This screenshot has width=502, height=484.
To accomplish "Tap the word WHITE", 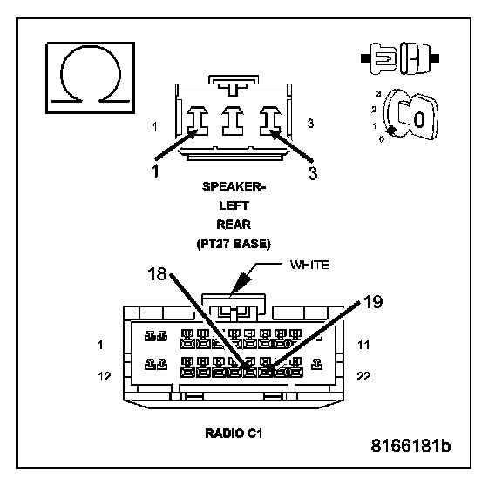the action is pos(309,265).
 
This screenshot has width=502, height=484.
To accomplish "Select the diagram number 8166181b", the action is pos(410,446).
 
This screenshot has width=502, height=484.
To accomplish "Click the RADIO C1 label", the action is pos(234,434).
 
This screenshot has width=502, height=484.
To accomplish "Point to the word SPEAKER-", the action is pos(234,186).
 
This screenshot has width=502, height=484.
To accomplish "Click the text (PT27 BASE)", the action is pos(234,244).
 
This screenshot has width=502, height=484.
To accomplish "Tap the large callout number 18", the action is pos(157,274).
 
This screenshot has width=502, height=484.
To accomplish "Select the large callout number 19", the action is pos(373,301).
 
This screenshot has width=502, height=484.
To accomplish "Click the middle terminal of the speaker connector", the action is pos(233,121).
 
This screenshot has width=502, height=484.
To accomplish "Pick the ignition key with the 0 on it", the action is pos(417,118).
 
